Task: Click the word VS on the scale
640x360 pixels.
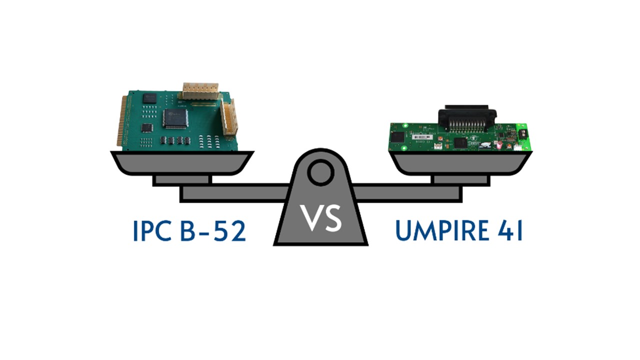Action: [x=320, y=218]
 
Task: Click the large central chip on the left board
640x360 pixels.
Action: [x=175, y=118]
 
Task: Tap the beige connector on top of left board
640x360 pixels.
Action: [x=200, y=90]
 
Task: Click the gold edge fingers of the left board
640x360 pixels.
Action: [x=120, y=122]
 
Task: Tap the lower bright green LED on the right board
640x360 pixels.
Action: [x=518, y=148]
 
